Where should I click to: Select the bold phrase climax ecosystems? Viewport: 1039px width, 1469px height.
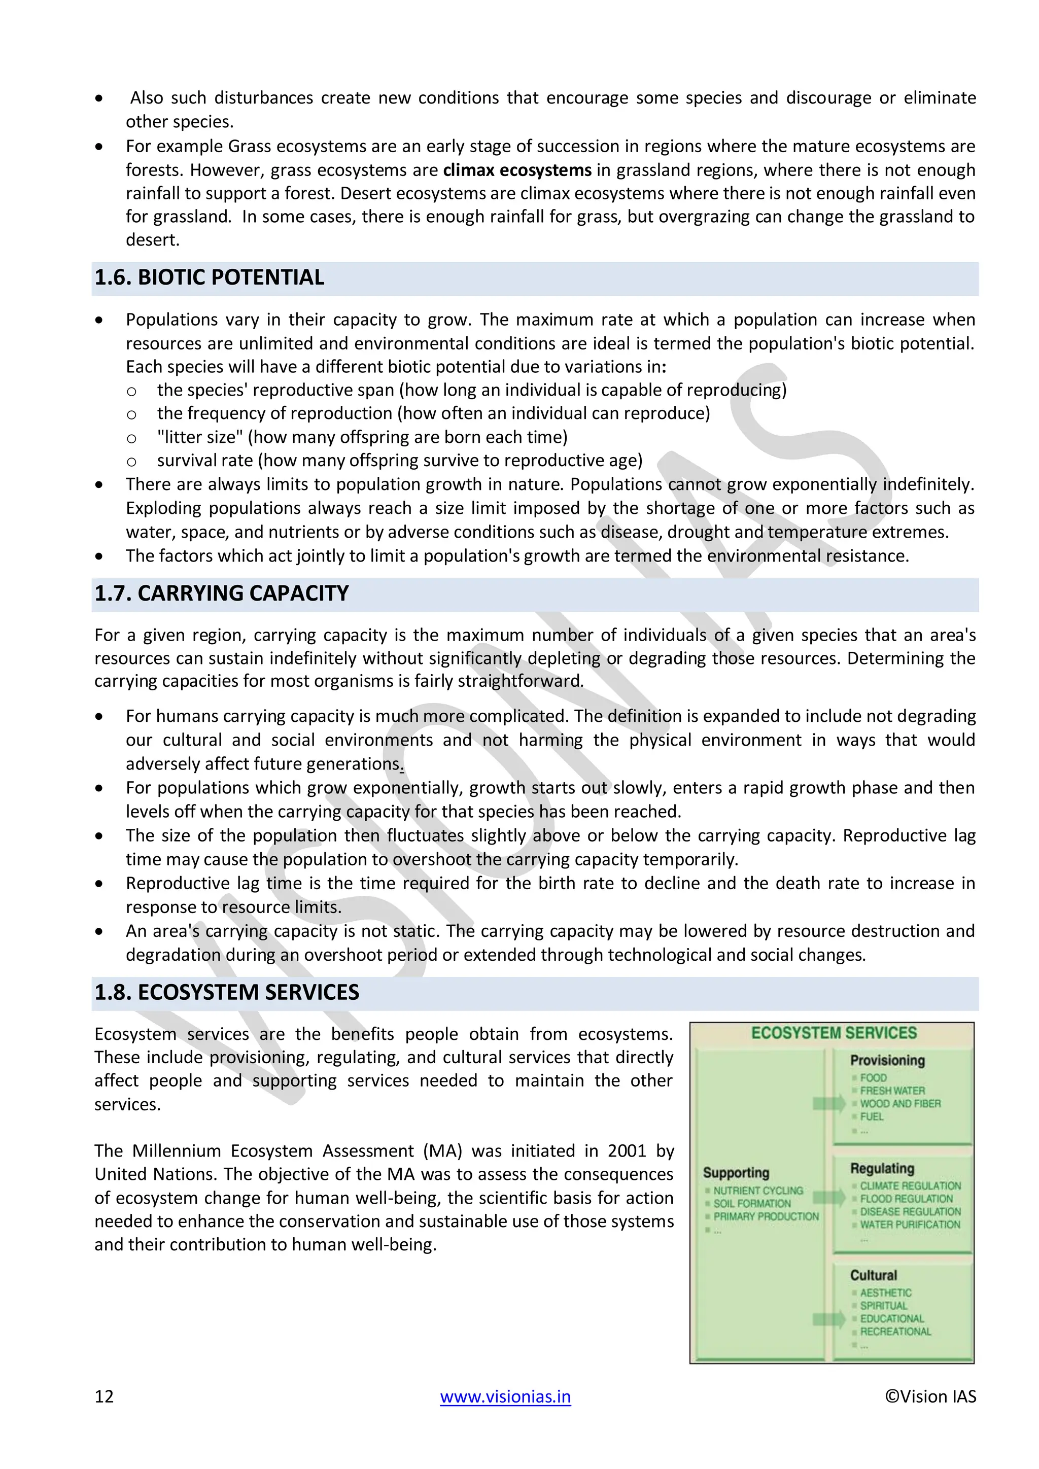tap(517, 170)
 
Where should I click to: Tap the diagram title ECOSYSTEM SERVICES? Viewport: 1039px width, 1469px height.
tap(834, 1033)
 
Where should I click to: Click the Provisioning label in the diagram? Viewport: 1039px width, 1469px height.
tap(887, 1061)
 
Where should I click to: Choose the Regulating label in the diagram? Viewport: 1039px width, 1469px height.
tap(882, 1168)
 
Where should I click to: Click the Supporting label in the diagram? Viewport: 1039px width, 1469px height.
tap(736, 1173)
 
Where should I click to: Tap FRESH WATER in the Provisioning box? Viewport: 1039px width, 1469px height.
tap(892, 1091)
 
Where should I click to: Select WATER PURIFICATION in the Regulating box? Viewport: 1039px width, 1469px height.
tap(910, 1225)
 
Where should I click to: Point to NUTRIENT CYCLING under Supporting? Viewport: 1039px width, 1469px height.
tap(758, 1191)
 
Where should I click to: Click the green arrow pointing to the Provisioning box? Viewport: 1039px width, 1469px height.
tap(829, 1103)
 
